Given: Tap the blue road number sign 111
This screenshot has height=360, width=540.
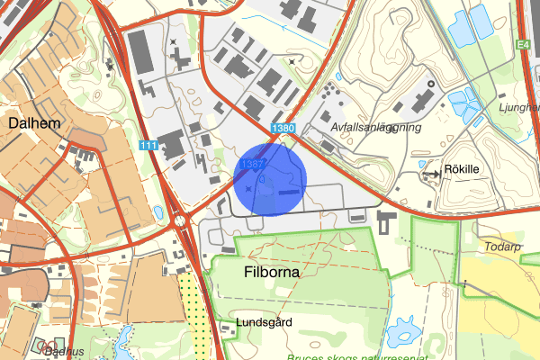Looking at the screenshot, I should (x=148, y=145).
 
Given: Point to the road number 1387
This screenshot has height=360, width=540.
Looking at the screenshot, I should (x=251, y=164).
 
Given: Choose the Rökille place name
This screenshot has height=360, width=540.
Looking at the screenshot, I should (x=463, y=168).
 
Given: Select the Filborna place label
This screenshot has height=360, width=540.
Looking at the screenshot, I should (x=271, y=269).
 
